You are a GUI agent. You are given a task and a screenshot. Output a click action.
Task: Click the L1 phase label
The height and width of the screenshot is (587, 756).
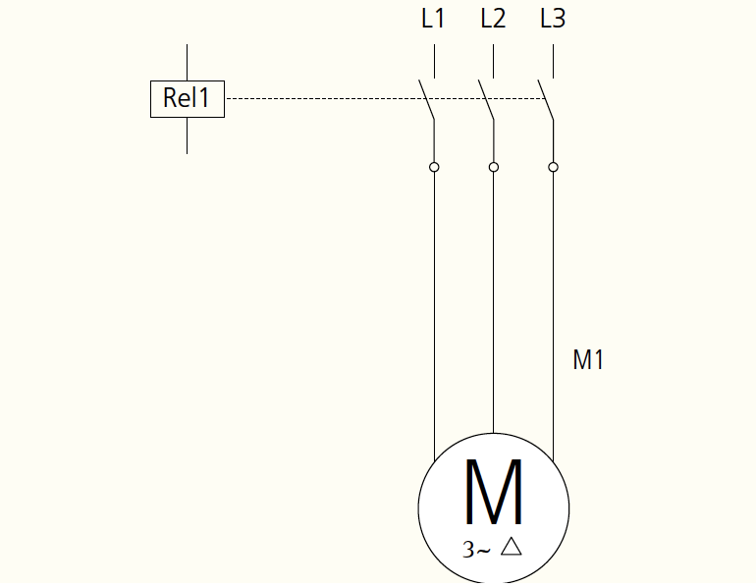coord(433,19)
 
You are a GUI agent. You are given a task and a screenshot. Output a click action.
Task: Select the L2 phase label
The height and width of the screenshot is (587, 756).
coord(493,19)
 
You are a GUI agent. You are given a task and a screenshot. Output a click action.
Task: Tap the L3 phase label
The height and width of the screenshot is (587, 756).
coord(553,19)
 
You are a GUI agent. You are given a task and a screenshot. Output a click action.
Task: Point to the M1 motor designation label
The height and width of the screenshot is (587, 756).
coord(588,360)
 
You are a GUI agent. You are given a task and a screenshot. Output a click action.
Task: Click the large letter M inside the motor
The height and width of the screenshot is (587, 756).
coord(493,492)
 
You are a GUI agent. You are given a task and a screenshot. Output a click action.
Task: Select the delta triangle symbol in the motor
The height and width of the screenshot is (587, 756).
coord(512,547)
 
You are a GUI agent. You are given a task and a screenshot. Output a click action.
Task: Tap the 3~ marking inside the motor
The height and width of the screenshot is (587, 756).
coord(476,550)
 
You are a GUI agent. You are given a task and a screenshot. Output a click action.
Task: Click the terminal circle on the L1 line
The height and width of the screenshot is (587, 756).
coord(434,167)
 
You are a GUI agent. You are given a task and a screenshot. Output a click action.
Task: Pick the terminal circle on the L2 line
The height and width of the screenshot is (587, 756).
coord(493,167)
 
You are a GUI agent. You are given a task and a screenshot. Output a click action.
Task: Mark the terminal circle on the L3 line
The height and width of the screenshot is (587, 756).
coord(553,167)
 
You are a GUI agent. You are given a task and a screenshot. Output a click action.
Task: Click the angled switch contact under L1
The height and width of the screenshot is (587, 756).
coord(426,99)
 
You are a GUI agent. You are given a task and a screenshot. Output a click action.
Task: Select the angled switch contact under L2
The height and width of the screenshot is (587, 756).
coord(486,99)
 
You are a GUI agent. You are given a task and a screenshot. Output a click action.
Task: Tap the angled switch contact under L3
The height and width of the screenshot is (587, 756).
coord(545,99)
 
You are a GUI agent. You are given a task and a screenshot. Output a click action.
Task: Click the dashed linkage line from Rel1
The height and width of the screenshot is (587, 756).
coord(386,99)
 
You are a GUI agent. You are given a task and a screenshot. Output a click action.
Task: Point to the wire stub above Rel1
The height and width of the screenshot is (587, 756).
coord(188,63)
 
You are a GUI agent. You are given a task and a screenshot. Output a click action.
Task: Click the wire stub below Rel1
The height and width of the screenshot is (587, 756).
coord(188,135)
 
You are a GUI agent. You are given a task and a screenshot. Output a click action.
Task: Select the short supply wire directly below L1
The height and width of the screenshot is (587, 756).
coord(434,61)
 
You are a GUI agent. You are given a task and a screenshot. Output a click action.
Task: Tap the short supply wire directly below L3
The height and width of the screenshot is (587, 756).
coord(553,61)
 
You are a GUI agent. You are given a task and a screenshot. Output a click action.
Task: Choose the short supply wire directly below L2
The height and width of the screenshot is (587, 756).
coord(493,61)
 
